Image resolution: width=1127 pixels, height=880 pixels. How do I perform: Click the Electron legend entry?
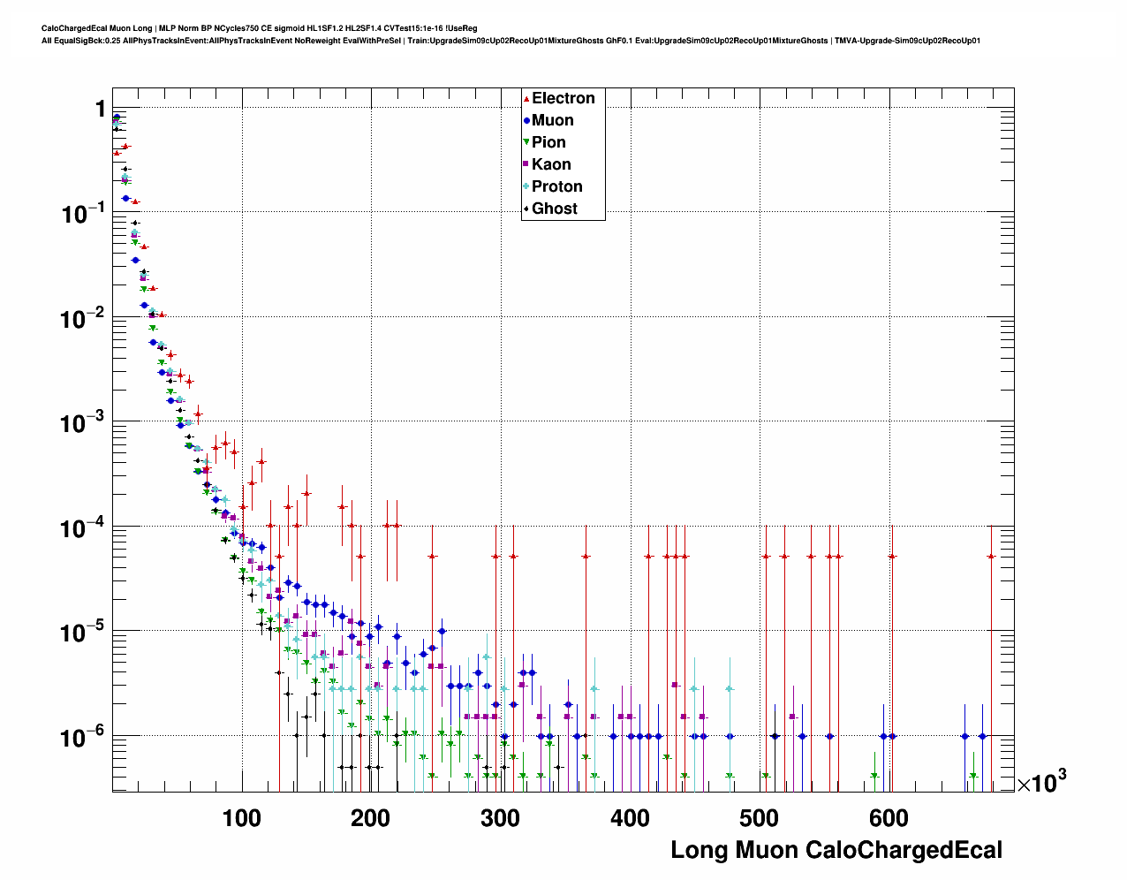(563, 98)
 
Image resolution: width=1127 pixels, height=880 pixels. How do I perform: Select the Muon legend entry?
(552, 120)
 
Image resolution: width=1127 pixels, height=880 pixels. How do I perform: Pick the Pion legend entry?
(548, 142)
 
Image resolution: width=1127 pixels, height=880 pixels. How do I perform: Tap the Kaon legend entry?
(551, 164)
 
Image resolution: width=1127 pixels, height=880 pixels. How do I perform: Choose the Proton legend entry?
(556, 186)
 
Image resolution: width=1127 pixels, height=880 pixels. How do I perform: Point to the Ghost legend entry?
(554, 209)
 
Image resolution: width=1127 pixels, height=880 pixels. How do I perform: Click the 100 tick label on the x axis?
(241, 818)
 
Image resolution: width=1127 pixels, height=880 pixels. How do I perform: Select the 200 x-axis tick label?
(370, 818)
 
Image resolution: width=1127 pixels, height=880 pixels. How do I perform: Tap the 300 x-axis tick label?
(500, 818)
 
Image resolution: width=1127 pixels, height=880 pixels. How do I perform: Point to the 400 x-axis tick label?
(630, 818)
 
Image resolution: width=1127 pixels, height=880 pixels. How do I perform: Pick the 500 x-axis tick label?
(759, 818)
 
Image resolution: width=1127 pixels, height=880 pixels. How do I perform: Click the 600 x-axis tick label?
(889, 818)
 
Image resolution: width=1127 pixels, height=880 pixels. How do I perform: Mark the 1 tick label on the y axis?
(100, 109)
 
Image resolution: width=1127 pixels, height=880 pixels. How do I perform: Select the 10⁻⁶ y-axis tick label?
(83, 736)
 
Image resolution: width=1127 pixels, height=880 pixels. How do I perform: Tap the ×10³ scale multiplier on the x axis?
(1041, 782)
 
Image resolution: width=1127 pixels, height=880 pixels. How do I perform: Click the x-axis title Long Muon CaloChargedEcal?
(836, 850)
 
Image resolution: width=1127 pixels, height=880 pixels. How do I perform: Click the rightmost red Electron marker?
(991, 556)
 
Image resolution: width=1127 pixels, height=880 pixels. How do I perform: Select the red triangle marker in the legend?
(526, 98)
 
